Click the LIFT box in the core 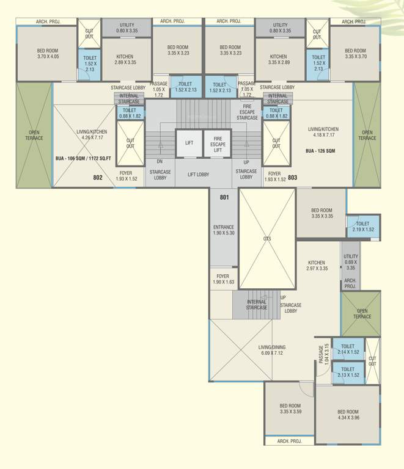(189, 143)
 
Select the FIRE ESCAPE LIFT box (218, 143)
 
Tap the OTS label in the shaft (267, 239)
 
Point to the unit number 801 (224, 197)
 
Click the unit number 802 (98, 178)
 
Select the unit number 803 (292, 178)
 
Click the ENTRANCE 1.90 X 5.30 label (224, 230)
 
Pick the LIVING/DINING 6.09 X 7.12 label (272, 351)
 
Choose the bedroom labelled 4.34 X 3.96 (348, 415)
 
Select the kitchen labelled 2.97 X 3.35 (317, 265)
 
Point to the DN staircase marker (160, 161)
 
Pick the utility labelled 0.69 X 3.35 (350, 262)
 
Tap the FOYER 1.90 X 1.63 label (224, 279)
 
